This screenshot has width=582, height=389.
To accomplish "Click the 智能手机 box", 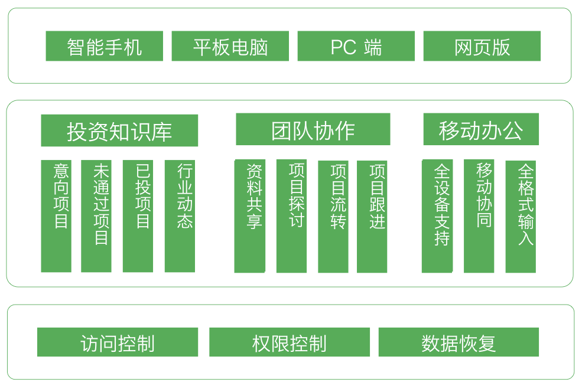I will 104,47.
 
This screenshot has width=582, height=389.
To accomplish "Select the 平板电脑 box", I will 230,47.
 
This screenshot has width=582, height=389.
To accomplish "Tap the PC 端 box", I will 356,47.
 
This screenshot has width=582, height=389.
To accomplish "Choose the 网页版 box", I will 482,47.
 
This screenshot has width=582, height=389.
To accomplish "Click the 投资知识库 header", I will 119,130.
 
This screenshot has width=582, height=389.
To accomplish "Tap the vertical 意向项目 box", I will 56,216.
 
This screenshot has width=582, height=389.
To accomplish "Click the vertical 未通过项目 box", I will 96,216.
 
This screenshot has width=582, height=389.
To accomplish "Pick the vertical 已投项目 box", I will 138,216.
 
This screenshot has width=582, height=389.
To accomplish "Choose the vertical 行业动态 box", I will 180,216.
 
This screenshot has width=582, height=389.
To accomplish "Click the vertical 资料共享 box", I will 249,216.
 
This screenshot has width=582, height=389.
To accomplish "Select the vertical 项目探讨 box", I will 291,216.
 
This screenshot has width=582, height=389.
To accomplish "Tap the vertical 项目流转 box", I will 333,216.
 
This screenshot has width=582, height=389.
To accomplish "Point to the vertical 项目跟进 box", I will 372,216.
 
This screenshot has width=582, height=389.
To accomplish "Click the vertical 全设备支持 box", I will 437,216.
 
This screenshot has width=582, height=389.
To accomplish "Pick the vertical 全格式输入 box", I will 521,216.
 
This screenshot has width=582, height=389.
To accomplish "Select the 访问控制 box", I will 117,342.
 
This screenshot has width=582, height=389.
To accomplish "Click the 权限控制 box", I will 289,342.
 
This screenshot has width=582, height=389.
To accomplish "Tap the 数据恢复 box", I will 459,342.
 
